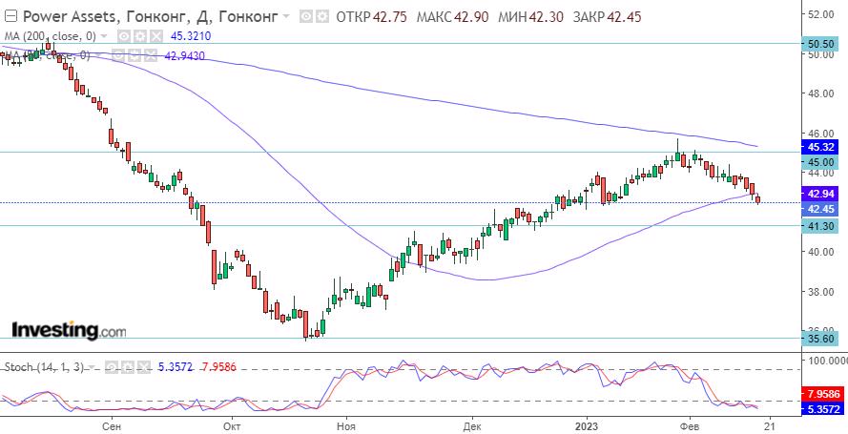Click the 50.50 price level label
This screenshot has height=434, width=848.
pyautogui.click(x=821, y=44)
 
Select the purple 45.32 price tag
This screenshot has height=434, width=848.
pyautogui.click(x=821, y=147)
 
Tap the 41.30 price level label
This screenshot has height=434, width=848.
pyautogui.click(x=821, y=226)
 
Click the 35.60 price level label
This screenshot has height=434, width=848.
pyautogui.click(x=821, y=339)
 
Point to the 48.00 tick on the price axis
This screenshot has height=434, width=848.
pyautogui.click(x=820, y=94)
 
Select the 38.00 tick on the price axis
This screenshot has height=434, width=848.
pyautogui.click(x=820, y=292)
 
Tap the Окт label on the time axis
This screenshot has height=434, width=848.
pyautogui.click(x=230, y=425)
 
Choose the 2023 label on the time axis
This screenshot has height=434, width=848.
pyautogui.click(x=589, y=425)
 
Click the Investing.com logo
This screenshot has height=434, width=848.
pyautogui.click(x=68, y=331)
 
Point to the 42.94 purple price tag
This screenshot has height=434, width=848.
pyautogui.click(x=821, y=193)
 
